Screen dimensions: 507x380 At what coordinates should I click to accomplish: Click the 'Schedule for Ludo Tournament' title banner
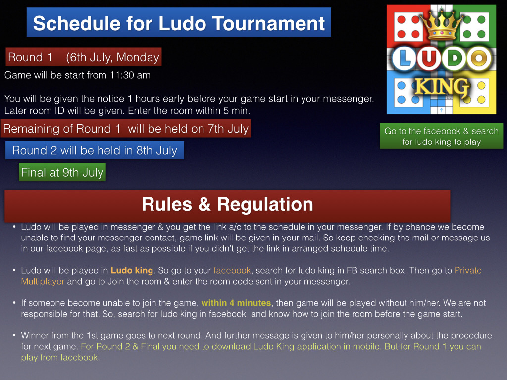pos(179,22)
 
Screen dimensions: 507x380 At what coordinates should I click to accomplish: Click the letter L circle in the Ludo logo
pos(404,59)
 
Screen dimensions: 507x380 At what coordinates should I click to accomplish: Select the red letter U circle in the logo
pos(429,59)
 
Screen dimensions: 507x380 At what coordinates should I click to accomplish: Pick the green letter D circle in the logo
pos(455,59)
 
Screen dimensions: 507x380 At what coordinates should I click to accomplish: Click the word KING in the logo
pos(442,87)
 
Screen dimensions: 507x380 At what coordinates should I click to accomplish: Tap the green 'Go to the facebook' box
pos(441,136)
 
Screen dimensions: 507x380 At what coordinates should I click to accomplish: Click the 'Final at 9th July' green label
pos(62,172)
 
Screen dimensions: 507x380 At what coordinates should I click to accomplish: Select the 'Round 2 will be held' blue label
pos(95,150)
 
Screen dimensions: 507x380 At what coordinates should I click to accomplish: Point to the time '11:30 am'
pos(130,75)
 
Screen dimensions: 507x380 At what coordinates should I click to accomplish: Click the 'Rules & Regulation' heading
pos(227,204)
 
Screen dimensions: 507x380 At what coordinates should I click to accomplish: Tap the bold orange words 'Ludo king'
pos(132,270)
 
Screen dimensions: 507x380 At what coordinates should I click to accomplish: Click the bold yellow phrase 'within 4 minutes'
pos(236,303)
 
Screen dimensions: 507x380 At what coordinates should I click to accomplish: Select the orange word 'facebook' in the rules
pos(232,270)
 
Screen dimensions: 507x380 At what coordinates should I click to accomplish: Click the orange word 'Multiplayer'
pos(43,281)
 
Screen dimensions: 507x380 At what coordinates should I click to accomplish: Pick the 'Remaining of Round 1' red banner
pos(126,129)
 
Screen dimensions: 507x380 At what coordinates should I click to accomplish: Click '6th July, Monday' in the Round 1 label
pos(112,57)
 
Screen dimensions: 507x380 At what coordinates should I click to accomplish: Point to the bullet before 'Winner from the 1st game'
pos(14,335)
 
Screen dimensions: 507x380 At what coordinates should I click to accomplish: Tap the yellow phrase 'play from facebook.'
pos(60,357)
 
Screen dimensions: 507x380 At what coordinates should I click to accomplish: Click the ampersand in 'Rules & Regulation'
pos(204,205)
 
